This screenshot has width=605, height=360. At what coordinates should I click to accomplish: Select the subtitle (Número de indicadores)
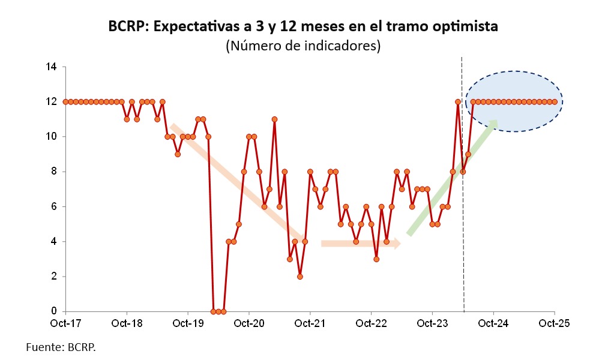tap(302, 46)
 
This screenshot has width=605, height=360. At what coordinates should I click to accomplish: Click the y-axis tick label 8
tap(54, 172)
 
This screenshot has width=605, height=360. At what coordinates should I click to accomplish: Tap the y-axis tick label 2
tap(54, 277)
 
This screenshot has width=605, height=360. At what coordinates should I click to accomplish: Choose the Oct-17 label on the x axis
tap(65, 323)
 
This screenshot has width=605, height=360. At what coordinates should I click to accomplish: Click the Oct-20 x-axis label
tap(248, 323)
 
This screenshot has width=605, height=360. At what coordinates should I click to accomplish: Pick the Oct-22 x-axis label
tap(371, 323)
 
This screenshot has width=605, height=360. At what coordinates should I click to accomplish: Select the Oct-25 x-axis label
tap(554, 323)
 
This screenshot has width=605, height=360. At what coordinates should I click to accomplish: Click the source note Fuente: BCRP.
tap(61, 347)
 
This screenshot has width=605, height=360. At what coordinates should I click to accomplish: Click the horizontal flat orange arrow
tap(360, 244)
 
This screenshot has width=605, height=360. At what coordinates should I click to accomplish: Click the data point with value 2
tap(299, 277)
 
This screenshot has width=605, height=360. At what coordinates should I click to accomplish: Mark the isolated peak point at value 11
tap(274, 119)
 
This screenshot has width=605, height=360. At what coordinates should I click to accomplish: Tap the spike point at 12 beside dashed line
tap(458, 102)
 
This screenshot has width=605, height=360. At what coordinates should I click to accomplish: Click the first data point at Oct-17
tap(65, 102)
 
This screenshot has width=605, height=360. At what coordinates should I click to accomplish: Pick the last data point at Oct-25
tap(554, 102)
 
